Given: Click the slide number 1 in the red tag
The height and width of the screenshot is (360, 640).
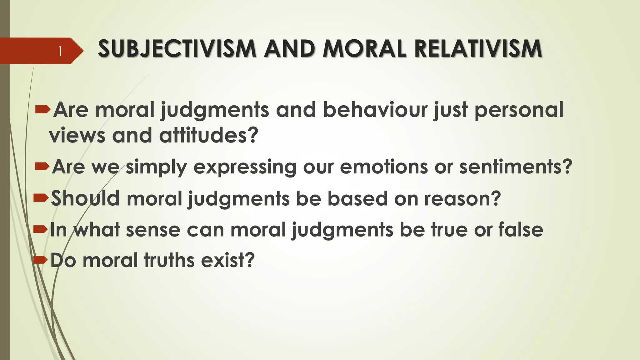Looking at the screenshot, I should [60, 51].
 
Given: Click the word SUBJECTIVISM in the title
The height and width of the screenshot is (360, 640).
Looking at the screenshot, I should [177, 49].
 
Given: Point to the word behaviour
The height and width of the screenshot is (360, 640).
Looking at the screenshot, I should [375, 110].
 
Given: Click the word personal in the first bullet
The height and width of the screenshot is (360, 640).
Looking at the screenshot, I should [519, 110].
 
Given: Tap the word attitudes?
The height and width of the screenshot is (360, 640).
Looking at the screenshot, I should [209, 136].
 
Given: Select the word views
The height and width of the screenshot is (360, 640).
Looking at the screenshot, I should [77, 136].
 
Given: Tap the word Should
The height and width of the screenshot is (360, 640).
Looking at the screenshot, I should [85, 198].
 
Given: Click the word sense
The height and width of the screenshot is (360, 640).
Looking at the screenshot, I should [153, 230].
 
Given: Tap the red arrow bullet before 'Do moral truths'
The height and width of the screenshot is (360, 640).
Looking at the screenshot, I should [41, 259].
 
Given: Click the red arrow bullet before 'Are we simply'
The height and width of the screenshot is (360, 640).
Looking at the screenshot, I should [42, 166].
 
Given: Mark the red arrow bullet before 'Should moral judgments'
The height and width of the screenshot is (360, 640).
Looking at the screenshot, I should [41, 197].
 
